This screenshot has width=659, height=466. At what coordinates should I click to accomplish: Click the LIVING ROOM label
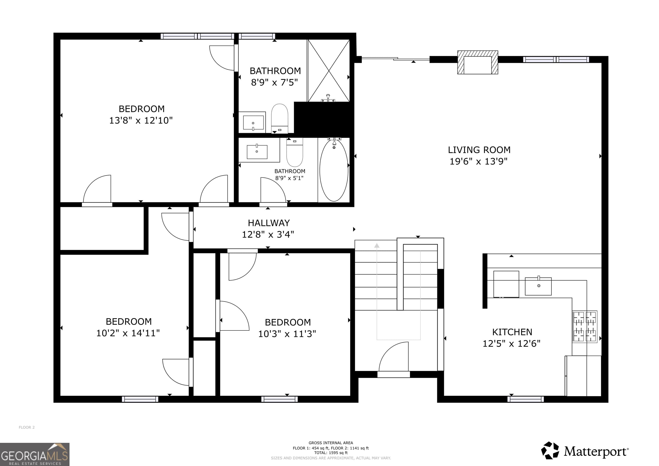[x=479, y=150]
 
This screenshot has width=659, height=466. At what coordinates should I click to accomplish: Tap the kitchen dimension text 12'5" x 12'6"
[x=511, y=344]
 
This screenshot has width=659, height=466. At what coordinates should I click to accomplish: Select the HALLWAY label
[x=269, y=223]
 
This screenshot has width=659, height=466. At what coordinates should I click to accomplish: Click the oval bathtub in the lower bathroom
[x=334, y=170]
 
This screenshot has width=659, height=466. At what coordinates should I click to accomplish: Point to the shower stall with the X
[x=329, y=70]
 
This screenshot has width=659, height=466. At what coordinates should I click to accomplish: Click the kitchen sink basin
[x=538, y=286]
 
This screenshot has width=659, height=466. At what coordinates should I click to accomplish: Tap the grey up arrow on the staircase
[x=377, y=246]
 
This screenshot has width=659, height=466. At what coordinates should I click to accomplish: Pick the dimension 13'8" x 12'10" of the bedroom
[x=141, y=120]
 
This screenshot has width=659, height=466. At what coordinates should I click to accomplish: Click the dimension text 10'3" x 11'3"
[x=287, y=334]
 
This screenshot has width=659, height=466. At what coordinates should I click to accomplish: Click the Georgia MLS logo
[x=35, y=454]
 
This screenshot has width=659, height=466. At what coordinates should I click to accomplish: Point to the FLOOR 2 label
[x=27, y=427]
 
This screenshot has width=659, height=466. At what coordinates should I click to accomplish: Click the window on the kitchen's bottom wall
[x=526, y=399]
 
